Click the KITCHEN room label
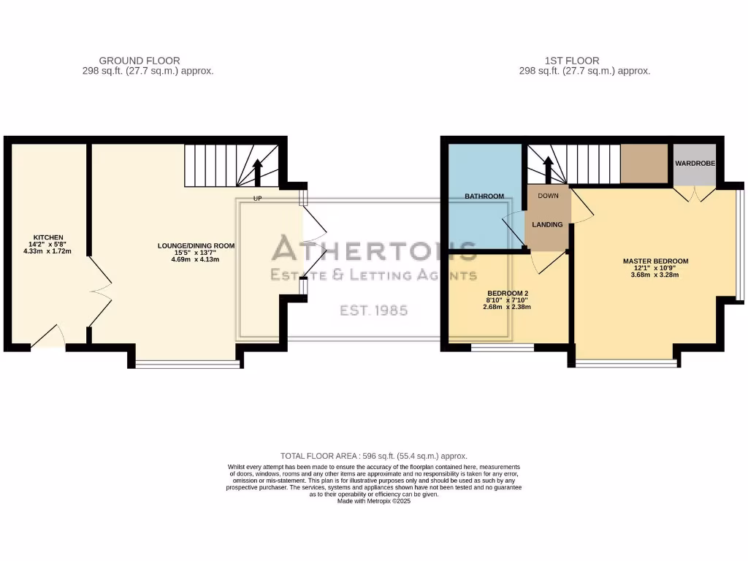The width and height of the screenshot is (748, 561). coord(46,237)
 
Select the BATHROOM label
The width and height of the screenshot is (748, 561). coord(484,196)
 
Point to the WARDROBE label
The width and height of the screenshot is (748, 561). coord(695,164)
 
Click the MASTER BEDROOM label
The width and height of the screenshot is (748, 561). coord(655,261)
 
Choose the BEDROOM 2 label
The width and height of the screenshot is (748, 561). coord(507,293)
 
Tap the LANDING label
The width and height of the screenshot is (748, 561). coord(547,224)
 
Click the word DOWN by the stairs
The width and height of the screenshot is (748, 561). coord(548,196)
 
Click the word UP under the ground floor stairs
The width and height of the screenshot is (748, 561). coord(257,198)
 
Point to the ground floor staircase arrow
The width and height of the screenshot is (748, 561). coord(257,174)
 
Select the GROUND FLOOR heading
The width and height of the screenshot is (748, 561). coord(140,61)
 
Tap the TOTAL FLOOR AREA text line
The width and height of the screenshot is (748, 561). coord(373,456)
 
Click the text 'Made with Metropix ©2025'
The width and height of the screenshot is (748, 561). coord(373,501)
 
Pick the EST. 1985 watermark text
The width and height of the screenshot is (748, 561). coord(374,310)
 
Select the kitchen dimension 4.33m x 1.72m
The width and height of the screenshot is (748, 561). coord(46,251)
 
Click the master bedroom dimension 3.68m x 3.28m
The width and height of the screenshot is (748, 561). coord(655,275)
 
